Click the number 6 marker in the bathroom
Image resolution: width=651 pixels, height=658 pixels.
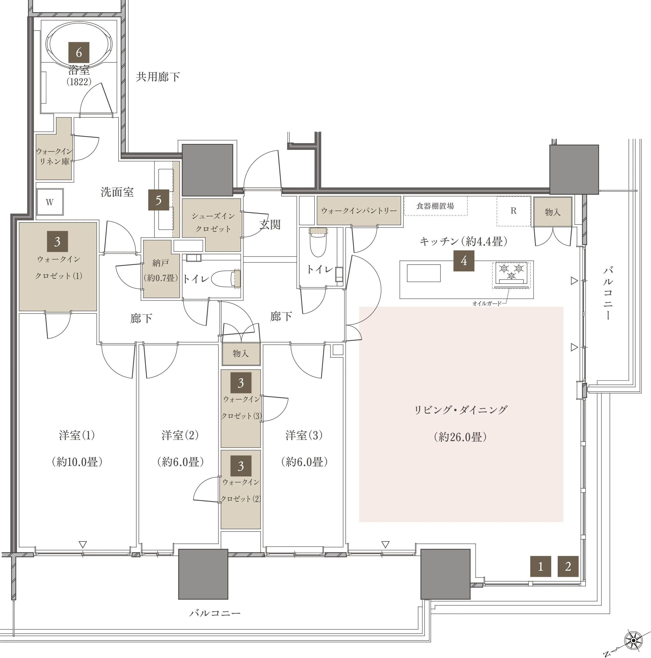coord(79,53)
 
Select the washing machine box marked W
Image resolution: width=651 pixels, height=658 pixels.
coord(50,202)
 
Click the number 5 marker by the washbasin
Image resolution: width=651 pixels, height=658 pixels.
coord(159,200)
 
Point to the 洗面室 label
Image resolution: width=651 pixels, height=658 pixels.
coord(117,192)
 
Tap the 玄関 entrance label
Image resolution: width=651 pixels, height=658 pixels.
coord(270,225)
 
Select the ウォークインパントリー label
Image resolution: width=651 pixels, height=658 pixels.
coord(359,211)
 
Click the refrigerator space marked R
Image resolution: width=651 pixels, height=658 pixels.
coord(513,211)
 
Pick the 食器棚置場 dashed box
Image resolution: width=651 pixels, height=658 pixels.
coord(436,206)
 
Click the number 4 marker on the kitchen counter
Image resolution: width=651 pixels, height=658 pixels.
coord(464,261)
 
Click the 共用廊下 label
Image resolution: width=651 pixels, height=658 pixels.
coord(158,77)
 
